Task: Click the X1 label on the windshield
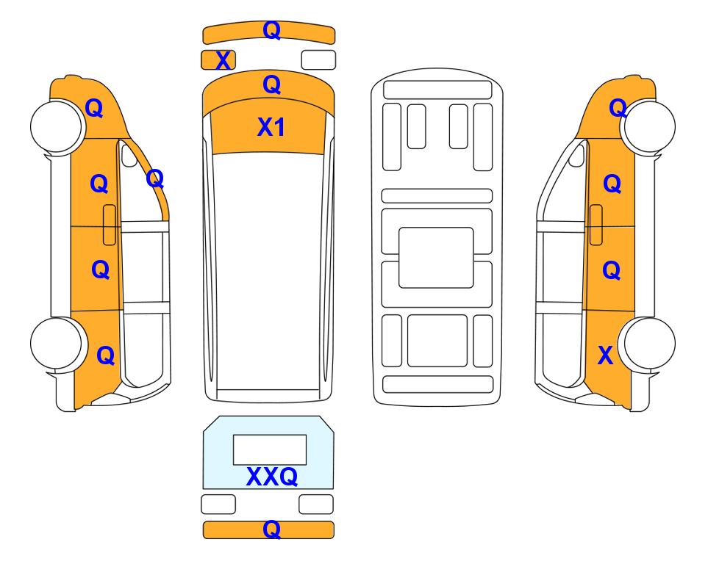tap(271, 127)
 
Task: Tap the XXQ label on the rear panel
tap(272, 476)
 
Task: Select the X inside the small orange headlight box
tap(223, 60)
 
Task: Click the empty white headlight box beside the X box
tap(318, 60)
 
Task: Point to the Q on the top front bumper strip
tap(272, 30)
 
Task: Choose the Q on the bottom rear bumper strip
tap(272, 529)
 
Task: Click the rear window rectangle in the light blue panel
tap(270, 450)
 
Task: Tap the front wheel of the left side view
tap(57, 126)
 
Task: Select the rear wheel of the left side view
tap(57, 344)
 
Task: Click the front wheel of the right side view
tap(649, 126)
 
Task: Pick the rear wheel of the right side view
tap(649, 344)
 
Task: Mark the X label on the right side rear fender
tap(605, 355)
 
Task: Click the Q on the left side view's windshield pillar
tap(155, 178)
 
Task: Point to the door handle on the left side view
tap(110, 225)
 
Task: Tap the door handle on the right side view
tap(596, 225)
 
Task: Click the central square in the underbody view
tap(436, 258)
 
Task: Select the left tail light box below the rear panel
tap(218, 504)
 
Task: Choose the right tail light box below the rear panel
tap(316, 504)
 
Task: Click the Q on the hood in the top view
tap(272, 84)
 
